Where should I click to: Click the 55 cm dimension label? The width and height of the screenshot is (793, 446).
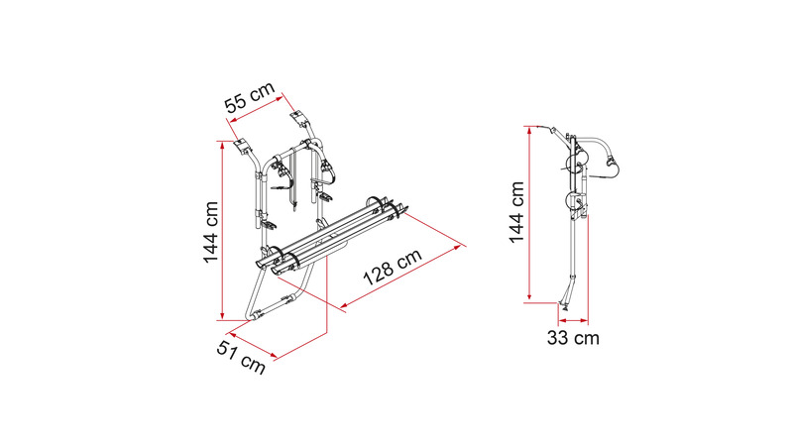pyautogui.click(x=250, y=97)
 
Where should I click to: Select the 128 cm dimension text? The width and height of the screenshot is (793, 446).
pyautogui.click(x=393, y=267)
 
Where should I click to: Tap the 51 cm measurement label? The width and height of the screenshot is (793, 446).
pyautogui.click(x=241, y=357)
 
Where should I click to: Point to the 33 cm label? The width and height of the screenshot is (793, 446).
pyautogui.click(x=573, y=337)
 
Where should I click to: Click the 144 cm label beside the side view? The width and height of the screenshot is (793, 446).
pyautogui.click(x=516, y=212)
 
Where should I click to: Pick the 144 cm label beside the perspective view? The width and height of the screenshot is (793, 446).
pyautogui.click(x=210, y=232)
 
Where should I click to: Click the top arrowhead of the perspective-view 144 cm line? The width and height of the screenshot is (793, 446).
pyautogui.click(x=222, y=144)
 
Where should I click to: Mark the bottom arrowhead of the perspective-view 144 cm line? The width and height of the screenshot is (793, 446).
pyautogui.click(x=222, y=316)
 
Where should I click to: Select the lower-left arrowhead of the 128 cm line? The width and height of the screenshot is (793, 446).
pyautogui.click(x=344, y=305)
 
